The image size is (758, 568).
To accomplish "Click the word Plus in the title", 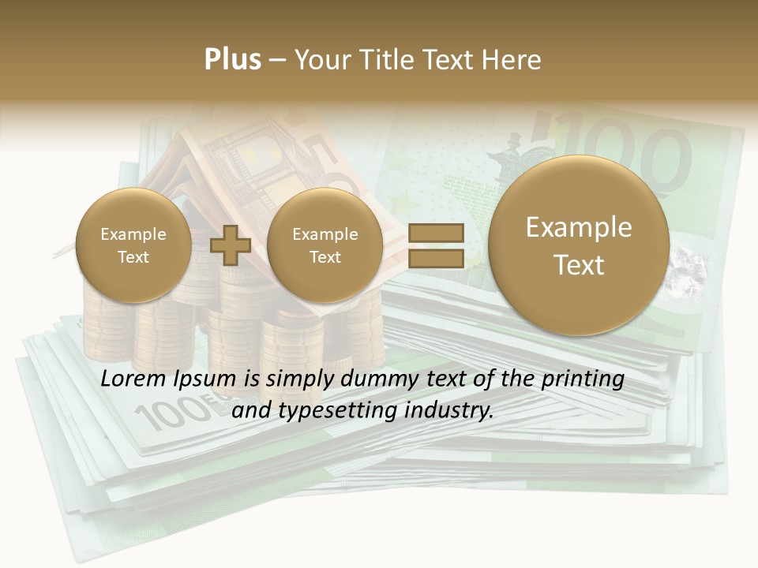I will point(232,60).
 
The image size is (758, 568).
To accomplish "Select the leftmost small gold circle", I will point(133,245).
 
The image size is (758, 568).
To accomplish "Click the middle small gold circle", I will point(325,245).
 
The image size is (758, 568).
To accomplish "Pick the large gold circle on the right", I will point(579,245).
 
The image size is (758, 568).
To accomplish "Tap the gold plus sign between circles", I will point(231,245).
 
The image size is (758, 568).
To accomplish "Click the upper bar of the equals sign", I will point(435,233).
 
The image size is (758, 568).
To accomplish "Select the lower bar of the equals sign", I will point(435,258).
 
